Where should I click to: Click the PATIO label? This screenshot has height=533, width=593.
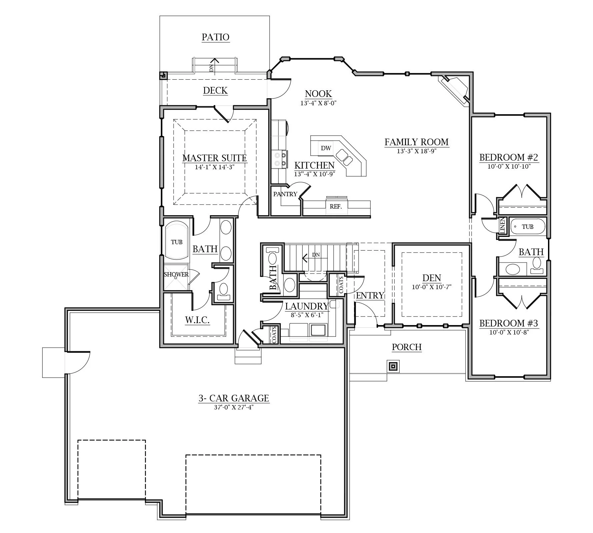click(x=215, y=37)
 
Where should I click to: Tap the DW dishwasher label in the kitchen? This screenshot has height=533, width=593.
click(x=326, y=148)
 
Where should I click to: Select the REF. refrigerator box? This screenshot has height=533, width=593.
click(x=336, y=207)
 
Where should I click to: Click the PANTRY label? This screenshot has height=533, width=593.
click(x=285, y=194)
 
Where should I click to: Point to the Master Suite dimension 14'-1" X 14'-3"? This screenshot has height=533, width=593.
click(x=215, y=167)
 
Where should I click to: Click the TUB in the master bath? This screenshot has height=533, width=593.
click(x=177, y=242)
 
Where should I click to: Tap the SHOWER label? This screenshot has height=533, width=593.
click(x=176, y=274)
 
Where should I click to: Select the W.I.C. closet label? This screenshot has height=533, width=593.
click(x=197, y=320)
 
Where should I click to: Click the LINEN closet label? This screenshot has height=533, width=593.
click(x=503, y=226)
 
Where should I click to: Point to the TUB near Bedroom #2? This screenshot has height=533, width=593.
click(x=528, y=227)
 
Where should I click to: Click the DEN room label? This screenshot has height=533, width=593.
click(x=431, y=278)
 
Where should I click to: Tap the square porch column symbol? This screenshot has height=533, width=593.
click(x=393, y=366)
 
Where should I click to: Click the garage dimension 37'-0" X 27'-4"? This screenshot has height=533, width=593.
click(x=234, y=407)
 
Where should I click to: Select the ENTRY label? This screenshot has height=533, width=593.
click(x=370, y=295)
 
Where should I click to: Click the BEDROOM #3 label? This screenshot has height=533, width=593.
click(x=509, y=323)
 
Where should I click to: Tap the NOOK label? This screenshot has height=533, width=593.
click(x=318, y=94)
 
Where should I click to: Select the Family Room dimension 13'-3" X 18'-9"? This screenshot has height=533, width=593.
click(x=416, y=151)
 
